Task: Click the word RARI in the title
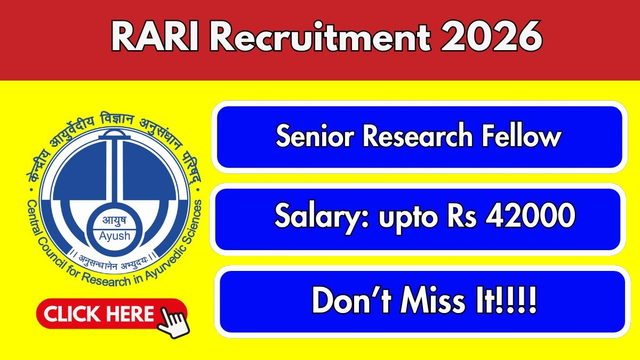click(x=155, y=37)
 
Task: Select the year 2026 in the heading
click(x=491, y=37)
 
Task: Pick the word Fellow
click(x=522, y=137)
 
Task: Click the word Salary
click(x=322, y=217)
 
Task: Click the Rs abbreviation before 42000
click(x=462, y=215)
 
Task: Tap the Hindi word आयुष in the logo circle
click(x=114, y=221)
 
